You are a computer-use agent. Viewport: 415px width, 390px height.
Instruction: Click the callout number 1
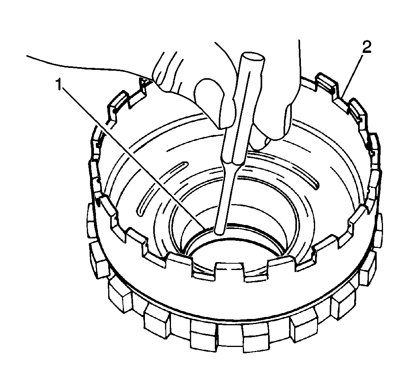pyautogui.click(x=59, y=84)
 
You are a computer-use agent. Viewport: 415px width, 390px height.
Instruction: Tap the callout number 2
pyautogui.click(x=366, y=48)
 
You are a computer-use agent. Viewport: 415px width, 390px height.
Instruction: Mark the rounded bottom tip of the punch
pyautogui.click(x=220, y=232)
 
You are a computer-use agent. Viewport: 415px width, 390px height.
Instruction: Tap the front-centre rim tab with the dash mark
pyautogui.click(x=229, y=270)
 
